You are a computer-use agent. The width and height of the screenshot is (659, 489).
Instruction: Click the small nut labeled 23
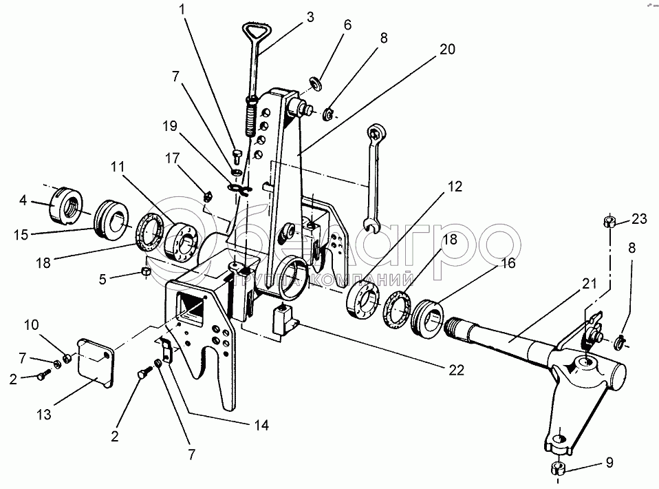click(609, 221)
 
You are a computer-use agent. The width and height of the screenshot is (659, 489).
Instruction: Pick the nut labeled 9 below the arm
click(558, 470)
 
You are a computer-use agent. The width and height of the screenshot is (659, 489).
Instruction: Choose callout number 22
click(456, 370)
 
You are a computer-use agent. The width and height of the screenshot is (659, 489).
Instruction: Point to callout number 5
click(103, 280)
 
